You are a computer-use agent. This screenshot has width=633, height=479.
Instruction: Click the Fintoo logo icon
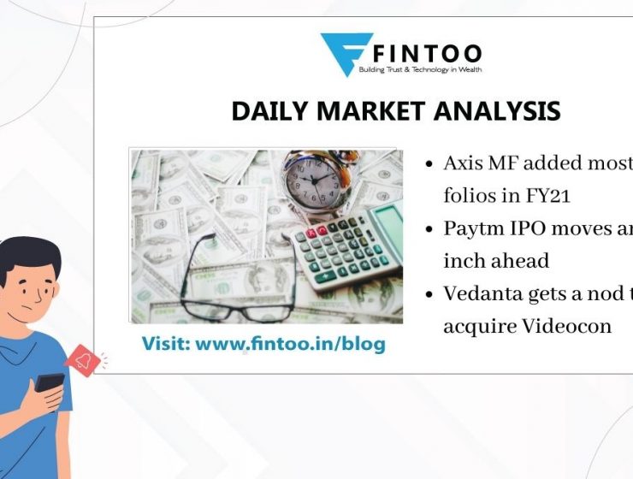pyautogui.click(x=346, y=53)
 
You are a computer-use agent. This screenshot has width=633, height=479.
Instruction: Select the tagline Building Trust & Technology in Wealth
pyautogui.click(x=427, y=69)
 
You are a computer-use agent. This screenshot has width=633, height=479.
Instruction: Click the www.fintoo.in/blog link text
pyautogui.click(x=290, y=344)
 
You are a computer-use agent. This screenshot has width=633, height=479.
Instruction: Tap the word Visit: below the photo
pyautogui.click(x=165, y=344)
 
